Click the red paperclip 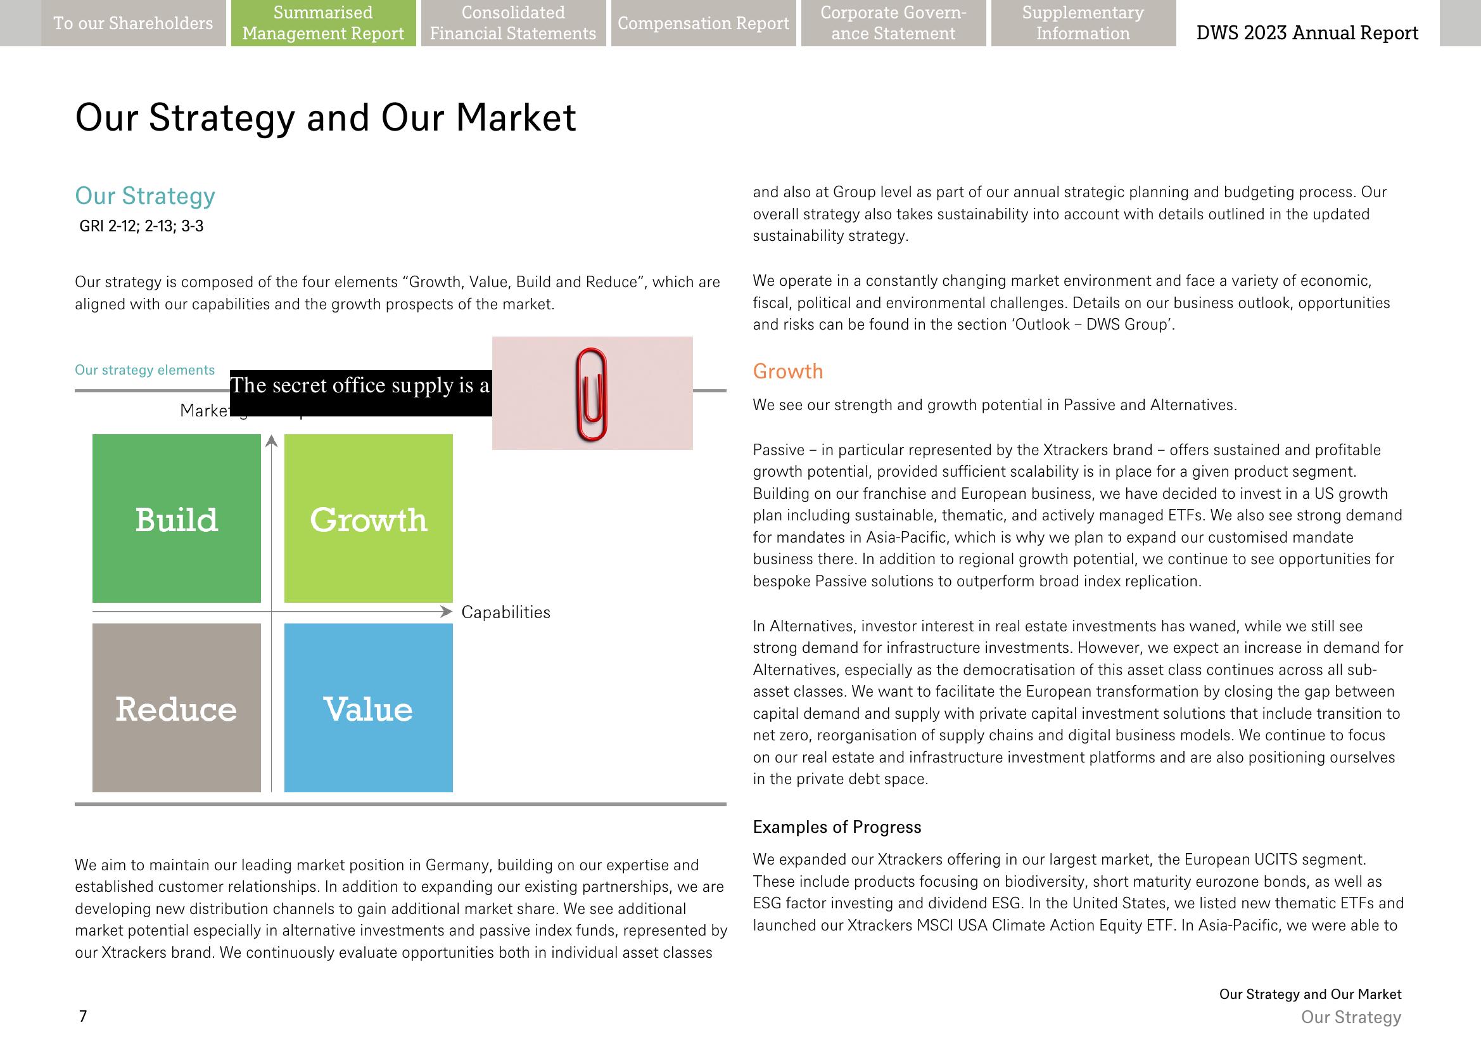coord(592,394)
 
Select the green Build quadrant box coord(176,518)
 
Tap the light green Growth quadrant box coord(368,518)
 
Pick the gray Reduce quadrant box coord(176,707)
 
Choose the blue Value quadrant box coord(368,707)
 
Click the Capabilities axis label coord(505,612)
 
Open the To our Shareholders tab coord(133,23)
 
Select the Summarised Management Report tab coord(323,23)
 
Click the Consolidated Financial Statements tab coord(513,23)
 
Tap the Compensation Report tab coord(703,23)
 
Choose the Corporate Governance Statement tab coord(893,23)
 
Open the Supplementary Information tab coord(1083,23)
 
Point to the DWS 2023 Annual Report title coord(1307,33)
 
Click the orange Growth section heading coord(787,371)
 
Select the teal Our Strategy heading coord(145,196)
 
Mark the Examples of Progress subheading coord(837,827)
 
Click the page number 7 coord(82,1016)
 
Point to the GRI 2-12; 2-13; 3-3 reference coord(141,226)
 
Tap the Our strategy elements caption coord(144,370)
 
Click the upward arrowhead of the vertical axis coord(272,441)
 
